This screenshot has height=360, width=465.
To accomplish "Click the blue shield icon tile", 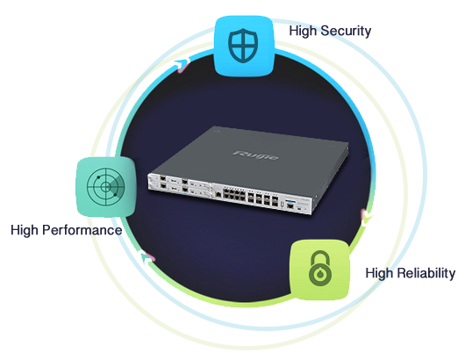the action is tap(244, 46).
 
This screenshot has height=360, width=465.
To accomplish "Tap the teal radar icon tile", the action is tap(106, 187).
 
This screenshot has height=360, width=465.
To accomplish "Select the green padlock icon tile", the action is tap(319, 270).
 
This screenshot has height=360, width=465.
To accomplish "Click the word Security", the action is tap(346, 31).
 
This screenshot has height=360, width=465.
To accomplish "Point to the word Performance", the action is tap(82, 230).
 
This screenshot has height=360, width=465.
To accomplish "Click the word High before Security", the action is tap(303, 31).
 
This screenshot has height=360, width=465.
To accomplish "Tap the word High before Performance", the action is tap(25, 230).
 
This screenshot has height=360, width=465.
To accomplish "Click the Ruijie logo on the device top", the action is tap(255, 155).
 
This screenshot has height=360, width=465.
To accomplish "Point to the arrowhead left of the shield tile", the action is tap(182, 65).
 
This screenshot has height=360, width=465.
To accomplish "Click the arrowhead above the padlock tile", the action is tap(366, 217).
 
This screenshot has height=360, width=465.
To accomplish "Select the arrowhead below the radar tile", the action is tap(147, 257).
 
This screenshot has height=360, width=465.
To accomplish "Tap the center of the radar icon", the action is tap(105, 187).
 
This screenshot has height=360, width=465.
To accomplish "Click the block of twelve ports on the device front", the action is tap(234, 195).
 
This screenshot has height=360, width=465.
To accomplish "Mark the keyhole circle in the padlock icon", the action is tap(319, 275).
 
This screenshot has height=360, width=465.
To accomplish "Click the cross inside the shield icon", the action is tap(243, 45).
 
